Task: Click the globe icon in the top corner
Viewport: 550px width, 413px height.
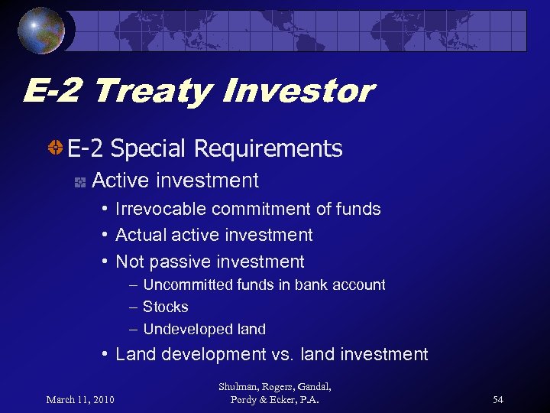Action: coord(41,31)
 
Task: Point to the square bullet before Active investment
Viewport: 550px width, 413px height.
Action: coord(78,181)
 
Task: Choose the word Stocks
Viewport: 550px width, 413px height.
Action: coord(165,307)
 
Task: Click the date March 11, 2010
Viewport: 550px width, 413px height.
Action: coord(79,400)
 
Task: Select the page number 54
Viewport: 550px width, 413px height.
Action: coord(498,400)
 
